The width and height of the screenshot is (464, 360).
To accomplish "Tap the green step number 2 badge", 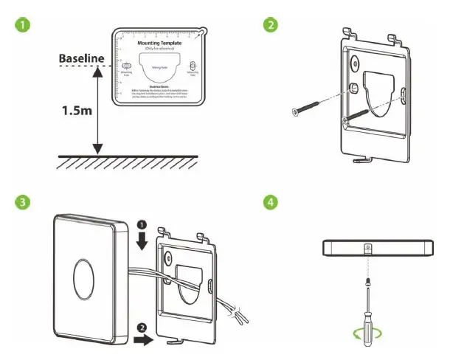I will coord(271,24).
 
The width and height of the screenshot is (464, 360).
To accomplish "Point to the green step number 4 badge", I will coord(271,202).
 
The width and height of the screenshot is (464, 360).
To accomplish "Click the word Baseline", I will coord(84,58).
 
